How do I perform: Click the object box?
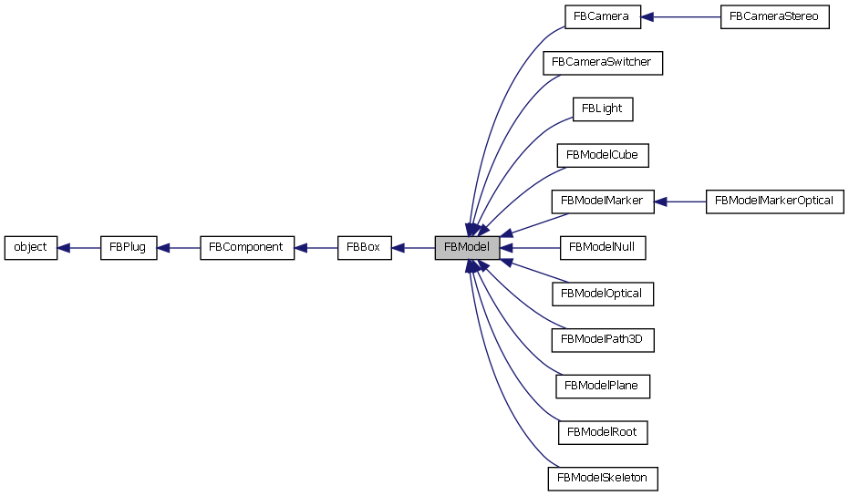pos(31,247)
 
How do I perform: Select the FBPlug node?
pos(129,247)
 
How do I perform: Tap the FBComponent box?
pos(247,247)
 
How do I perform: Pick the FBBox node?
pos(365,247)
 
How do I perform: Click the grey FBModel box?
pos(467,247)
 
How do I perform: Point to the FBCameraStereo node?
pos(775,16)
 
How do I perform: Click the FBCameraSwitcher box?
pos(603,63)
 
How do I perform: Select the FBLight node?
pos(603,108)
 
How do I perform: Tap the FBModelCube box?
pos(603,155)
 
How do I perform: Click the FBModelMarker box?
pos(603,201)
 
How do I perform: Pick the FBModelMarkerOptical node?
pos(775,201)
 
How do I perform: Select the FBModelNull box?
pos(603,247)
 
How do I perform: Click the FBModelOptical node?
pos(603,294)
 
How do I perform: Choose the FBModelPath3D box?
pos(603,339)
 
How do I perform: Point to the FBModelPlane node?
pos(603,386)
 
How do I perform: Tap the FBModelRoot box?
pos(603,431)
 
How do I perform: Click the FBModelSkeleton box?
pos(603,478)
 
